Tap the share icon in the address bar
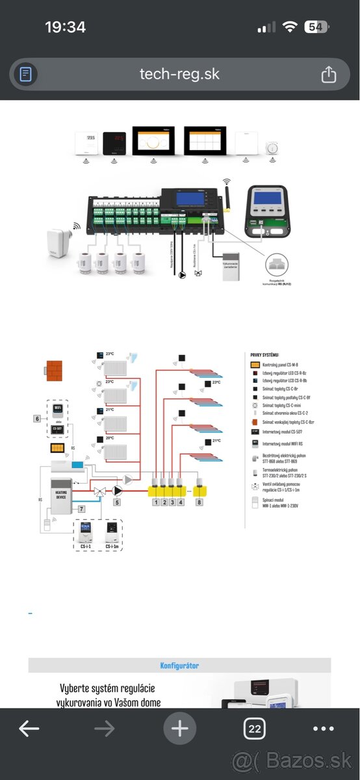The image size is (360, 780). pyautogui.click(x=329, y=74)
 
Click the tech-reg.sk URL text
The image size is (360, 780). pyautogui.click(x=180, y=74)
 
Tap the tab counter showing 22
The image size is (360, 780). pyautogui.click(x=254, y=729)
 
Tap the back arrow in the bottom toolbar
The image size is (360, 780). pyautogui.click(x=29, y=729)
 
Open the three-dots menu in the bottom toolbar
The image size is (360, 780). pyautogui.click(x=324, y=729)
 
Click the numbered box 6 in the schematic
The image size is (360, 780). pyautogui.click(x=38, y=419)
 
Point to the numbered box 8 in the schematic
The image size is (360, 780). pyautogui.click(x=199, y=502)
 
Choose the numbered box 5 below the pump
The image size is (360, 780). pyautogui.click(x=117, y=502)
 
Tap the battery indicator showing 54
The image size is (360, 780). pyautogui.click(x=316, y=27)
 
